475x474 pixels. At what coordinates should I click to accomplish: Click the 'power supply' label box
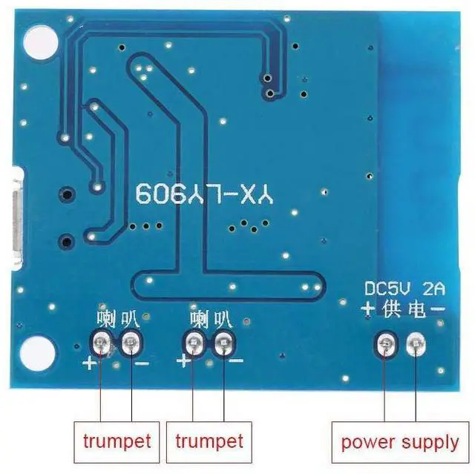point(400,442)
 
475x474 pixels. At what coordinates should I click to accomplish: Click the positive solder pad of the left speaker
point(100,342)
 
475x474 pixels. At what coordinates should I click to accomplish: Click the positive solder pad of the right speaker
point(194,343)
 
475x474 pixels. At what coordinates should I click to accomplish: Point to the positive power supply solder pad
point(384,343)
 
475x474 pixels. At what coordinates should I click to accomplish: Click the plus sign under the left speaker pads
point(90,363)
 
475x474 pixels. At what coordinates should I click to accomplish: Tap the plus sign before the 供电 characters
point(369,309)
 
